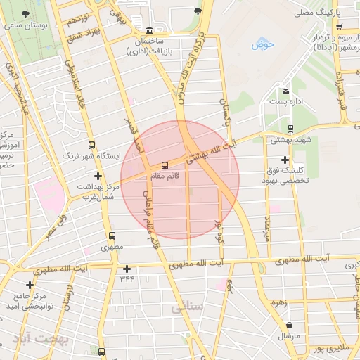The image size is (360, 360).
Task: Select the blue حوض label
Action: point(264,45)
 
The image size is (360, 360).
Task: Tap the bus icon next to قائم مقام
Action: point(165,165)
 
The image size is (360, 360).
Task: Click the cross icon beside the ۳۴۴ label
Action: point(127,269)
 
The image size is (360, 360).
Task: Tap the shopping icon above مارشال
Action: point(289,325)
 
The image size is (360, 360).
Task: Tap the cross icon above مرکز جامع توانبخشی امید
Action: point(30,285)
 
